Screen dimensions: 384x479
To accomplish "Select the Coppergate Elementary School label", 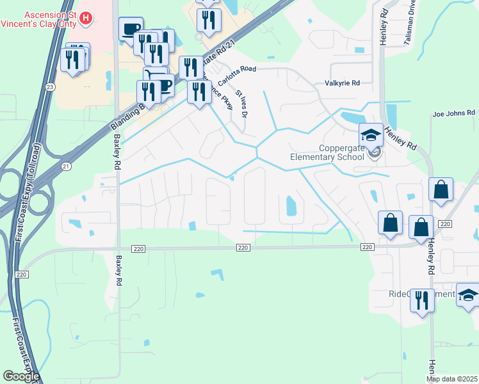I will coord(327,152).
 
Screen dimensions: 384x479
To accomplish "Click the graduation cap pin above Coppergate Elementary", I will coord(371,134).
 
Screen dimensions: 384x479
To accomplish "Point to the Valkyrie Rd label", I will coord(343,83).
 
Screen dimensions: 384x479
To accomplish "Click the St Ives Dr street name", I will coord(241,103).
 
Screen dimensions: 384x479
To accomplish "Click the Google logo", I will coord(21,376).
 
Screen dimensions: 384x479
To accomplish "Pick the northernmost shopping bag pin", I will coord(441,189).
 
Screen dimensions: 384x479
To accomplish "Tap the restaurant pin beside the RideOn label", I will coord(421,300).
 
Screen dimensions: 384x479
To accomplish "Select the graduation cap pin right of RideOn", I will coord(468,295).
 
